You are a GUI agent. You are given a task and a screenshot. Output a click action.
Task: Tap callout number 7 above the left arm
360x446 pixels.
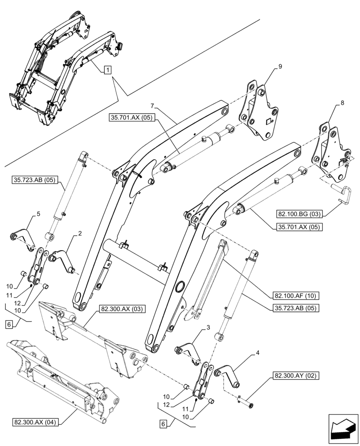click(x=152, y=106)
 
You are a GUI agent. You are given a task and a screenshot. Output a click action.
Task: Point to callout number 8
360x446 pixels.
click(x=342, y=103)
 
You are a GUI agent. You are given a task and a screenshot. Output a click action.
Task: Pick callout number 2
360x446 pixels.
click(x=79, y=233)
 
